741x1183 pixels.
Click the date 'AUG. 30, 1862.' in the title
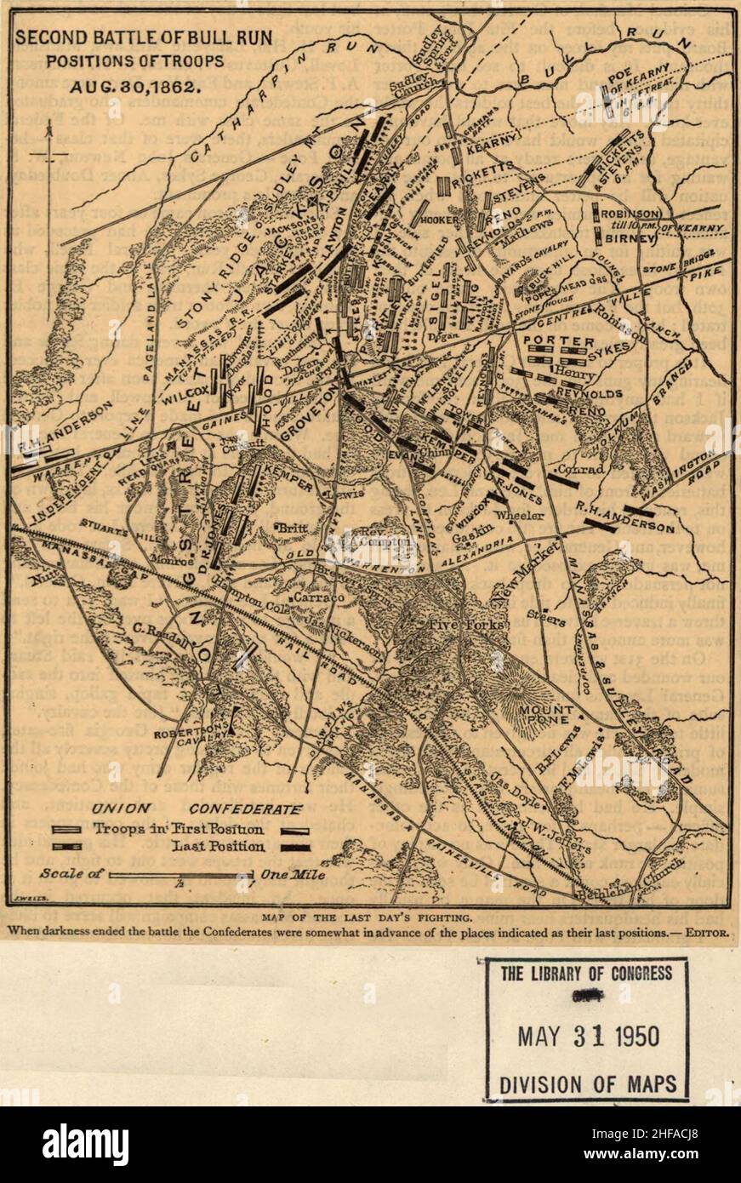click(x=135, y=86)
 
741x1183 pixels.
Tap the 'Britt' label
click(x=292, y=529)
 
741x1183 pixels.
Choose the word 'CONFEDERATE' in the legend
click(x=245, y=809)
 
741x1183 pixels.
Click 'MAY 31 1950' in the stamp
click(x=587, y=1036)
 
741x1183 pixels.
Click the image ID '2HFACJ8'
click(x=675, y=1142)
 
